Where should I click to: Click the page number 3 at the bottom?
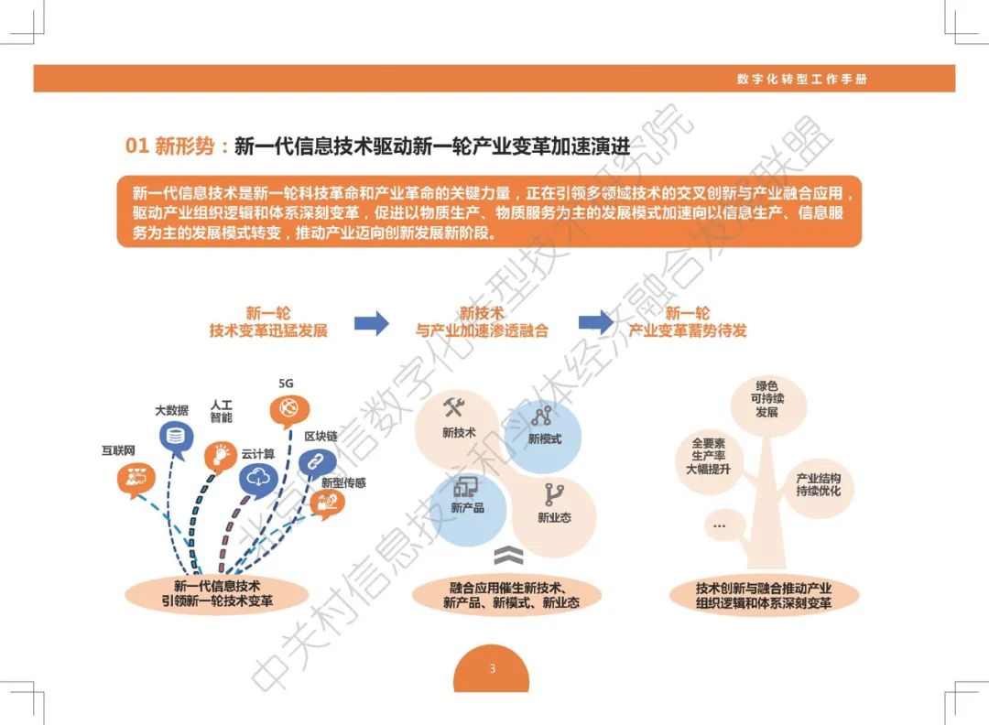(492, 668)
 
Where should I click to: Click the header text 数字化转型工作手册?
(801, 79)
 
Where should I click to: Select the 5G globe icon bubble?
(288, 408)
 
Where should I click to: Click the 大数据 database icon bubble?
(177, 436)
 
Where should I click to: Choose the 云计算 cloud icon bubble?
(259, 478)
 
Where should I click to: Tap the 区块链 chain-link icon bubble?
(317, 462)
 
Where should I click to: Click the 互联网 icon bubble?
(135, 478)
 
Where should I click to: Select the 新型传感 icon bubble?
(327, 502)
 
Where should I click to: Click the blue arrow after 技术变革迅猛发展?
(371, 322)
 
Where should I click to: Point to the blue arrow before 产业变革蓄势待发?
(595, 322)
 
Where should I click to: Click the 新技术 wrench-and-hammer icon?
(455, 407)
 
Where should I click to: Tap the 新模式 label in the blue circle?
(545, 439)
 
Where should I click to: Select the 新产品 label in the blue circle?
(467, 507)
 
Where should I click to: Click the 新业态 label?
(554, 517)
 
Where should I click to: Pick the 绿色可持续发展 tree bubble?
(766, 400)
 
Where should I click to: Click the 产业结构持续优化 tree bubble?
(818, 485)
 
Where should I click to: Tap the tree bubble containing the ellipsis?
(719, 525)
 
